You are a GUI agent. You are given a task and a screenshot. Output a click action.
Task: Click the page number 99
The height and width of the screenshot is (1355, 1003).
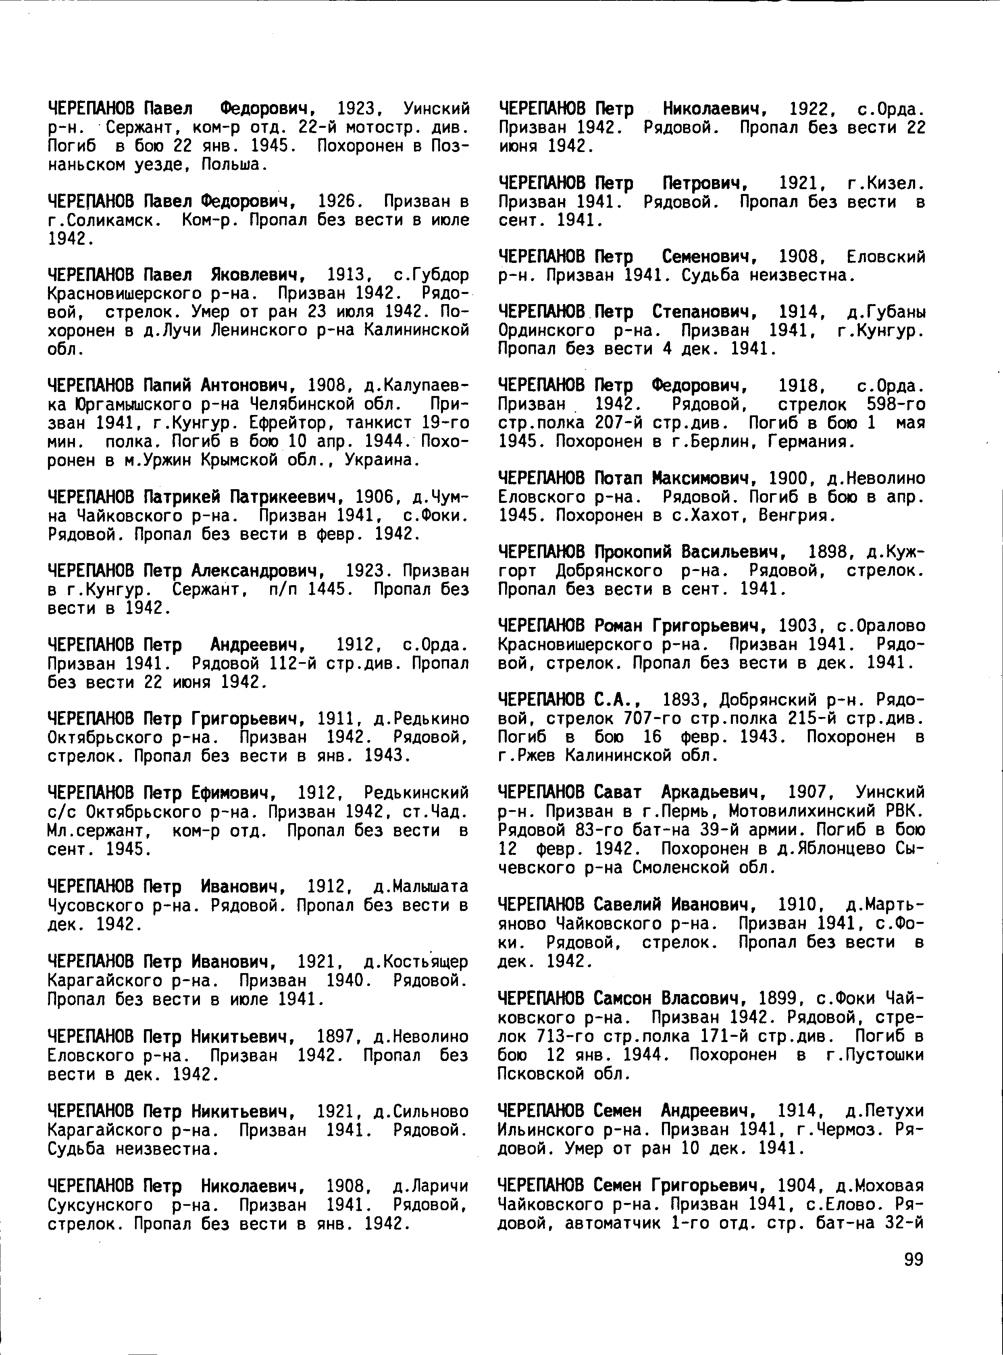[913, 1260]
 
